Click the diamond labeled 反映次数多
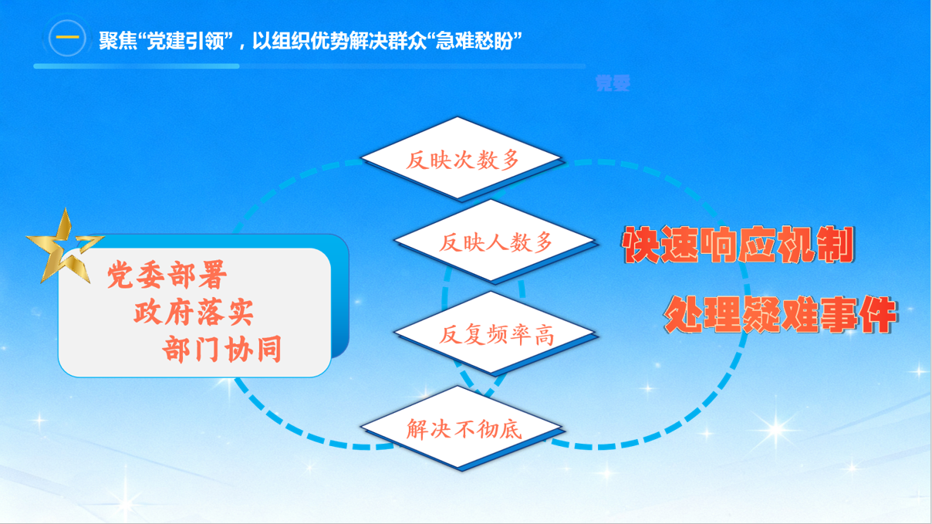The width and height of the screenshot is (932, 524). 462,160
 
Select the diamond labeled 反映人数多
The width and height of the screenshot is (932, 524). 495,243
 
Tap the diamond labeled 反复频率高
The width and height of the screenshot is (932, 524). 495,335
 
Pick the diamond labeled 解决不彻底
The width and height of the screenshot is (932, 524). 462,429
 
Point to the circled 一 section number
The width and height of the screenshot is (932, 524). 67,39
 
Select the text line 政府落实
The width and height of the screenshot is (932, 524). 194,313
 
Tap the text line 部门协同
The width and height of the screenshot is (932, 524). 222,350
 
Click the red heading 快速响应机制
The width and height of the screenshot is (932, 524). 738,246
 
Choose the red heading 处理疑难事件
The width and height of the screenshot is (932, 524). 780,315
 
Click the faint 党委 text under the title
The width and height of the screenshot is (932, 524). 613,83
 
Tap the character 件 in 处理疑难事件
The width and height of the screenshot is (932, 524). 876,315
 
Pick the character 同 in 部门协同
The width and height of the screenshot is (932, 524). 267,350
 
